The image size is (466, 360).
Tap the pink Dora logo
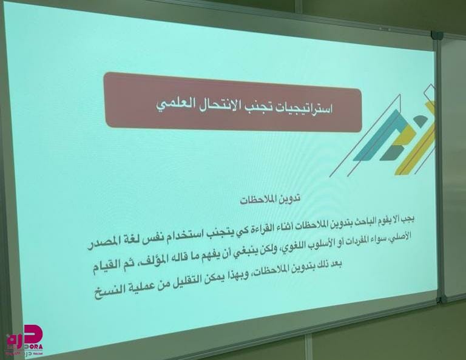pyautogui.click(x=25, y=340)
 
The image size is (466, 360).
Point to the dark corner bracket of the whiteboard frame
pyautogui.click(x=437, y=35)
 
